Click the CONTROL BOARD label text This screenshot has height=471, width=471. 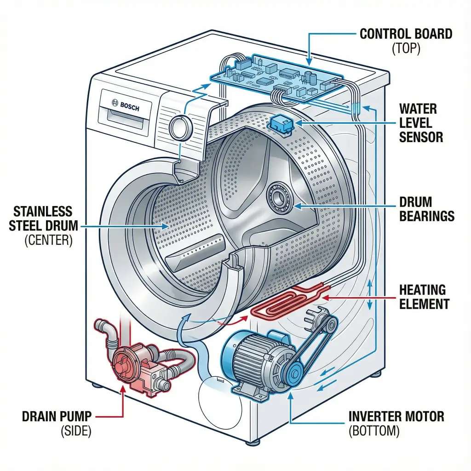pos(406,34)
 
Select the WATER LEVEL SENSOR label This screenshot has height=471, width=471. pos(421,123)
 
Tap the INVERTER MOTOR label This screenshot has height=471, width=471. pos(396,417)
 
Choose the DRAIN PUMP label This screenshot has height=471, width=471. pos(57,417)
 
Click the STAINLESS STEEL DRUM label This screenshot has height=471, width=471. pos(42,218)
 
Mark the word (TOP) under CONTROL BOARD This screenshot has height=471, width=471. pos(406,49)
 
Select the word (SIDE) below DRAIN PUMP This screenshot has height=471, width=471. pos(76,431)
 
